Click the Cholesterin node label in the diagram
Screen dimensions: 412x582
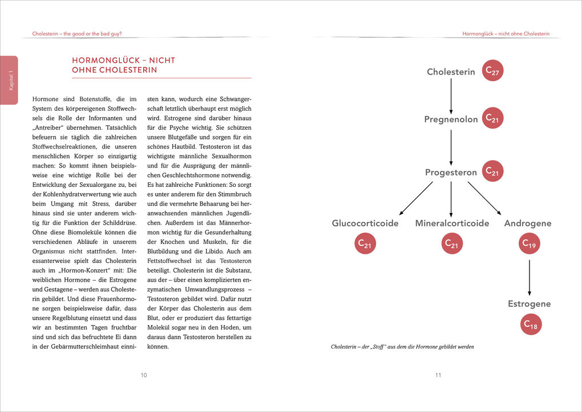pyautogui.click(x=451, y=72)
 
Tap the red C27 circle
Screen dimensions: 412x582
pyautogui.click(x=492, y=71)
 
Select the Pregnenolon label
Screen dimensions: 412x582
pyautogui.click(x=451, y=119)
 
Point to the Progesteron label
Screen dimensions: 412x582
pyautogui.click(x=451, y=172)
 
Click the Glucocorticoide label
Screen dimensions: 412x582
pyautogui.click(x=365, y=223)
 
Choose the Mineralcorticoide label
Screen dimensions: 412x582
pyautogui.click(x=452, y=223)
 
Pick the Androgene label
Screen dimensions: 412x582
pyautogui.click(x=528, y=223)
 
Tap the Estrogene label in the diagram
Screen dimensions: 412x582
pyautogui.click(x=530, y=304)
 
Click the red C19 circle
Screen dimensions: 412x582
pyautogui.click(x=530, y=244)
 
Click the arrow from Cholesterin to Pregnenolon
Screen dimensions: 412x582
pyautogui.click(x=451, y=95)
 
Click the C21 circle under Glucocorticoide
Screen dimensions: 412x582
pyautogui.click(x=365, y=244)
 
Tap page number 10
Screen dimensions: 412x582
pyautogui.click(x=144, y=375)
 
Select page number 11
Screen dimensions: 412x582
pyautogui.click(x=438, y=375)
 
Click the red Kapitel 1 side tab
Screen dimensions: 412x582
pyautogui.click(x=10, y=80)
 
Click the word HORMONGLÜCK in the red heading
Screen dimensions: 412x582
pyautogui.click(x=103, y=61)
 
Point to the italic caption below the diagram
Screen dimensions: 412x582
pyautogui.click(x=402, y=347)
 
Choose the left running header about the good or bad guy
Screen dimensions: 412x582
pyautogui.click(x=77, y=34)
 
